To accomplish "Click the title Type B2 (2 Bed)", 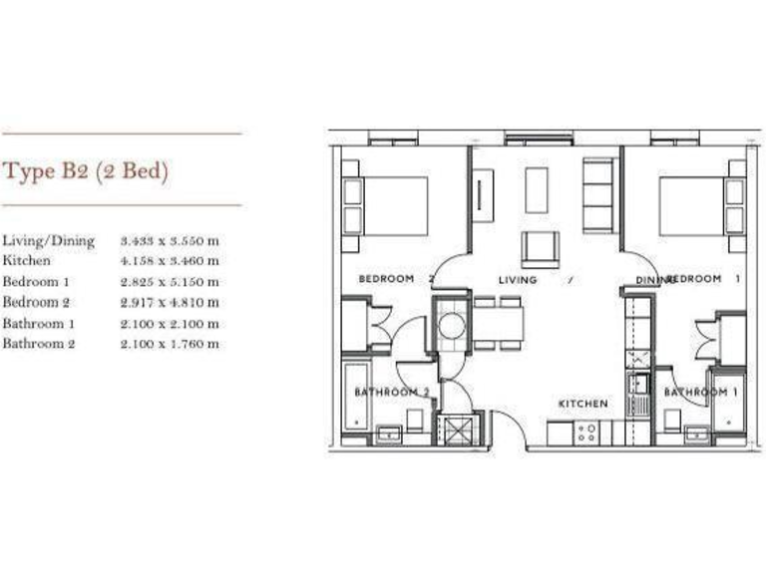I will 87,171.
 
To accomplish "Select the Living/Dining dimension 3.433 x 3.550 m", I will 170,240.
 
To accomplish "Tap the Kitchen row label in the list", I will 26,261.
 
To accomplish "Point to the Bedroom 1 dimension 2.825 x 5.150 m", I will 170,282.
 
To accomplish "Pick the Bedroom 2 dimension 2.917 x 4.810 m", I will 170,302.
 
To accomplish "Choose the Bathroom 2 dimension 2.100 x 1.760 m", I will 170,344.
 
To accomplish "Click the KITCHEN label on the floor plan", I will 582,404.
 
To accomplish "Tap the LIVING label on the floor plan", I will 517,280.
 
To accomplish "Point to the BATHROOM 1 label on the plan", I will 701,393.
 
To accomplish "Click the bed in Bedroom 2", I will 393,206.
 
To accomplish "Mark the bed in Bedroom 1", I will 694,206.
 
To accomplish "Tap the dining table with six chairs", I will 497,323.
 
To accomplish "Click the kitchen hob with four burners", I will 586,432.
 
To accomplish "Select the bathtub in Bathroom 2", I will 356,396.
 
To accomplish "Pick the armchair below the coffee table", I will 540,247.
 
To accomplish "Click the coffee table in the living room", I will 537,189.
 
